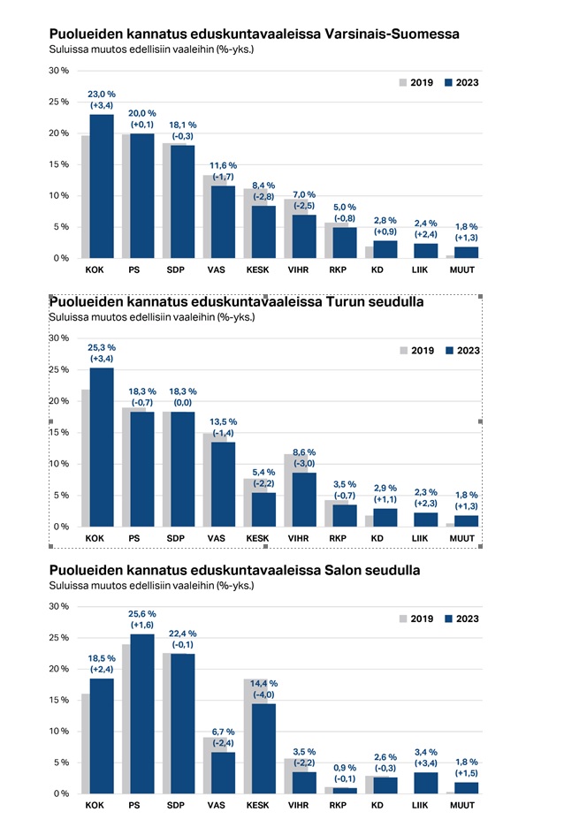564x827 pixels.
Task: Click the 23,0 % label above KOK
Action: pos(102,94)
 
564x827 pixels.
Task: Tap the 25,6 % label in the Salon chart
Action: pos(142,615)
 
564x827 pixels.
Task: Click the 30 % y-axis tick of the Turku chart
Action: pos(57,338)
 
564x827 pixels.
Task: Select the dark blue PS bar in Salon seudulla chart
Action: pos(142,713)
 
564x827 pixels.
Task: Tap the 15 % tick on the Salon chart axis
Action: pos(58,701)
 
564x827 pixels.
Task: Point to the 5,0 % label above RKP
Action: pos(345,206)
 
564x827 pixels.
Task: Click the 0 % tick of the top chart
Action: pos(60,258)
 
